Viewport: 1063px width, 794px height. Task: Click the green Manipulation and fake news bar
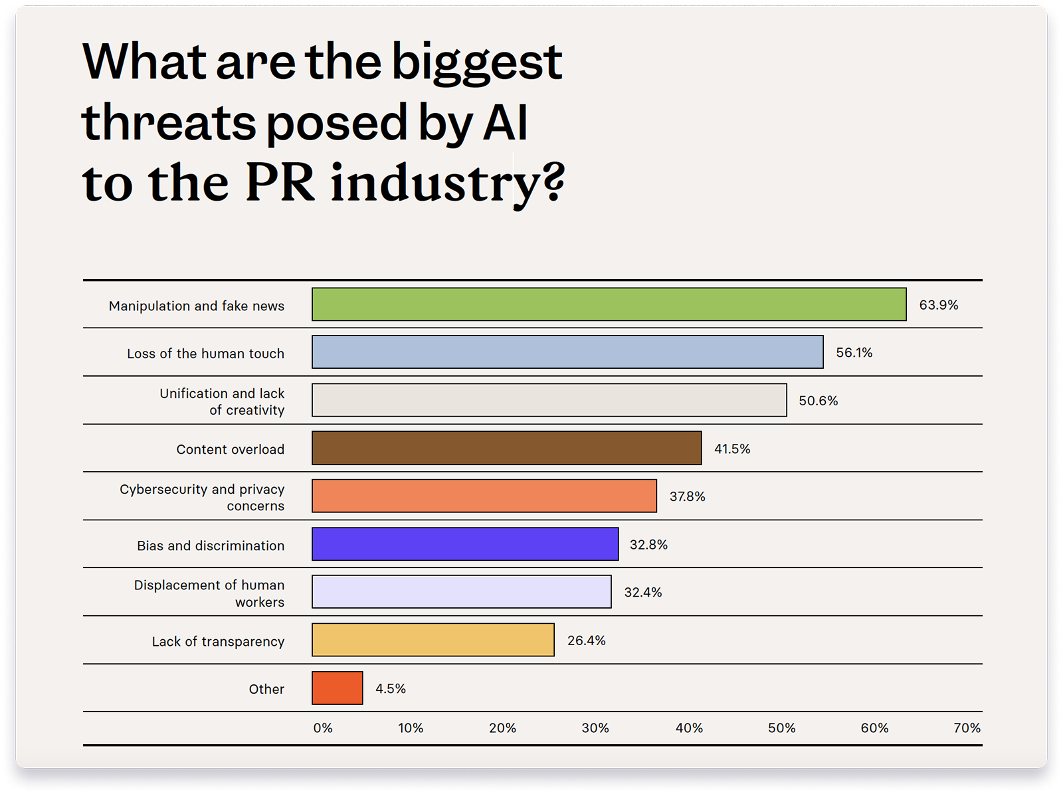tap(609, 304)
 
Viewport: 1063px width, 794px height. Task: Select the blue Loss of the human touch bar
tap(567, 352)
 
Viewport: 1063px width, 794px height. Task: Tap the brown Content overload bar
tap(506, 448)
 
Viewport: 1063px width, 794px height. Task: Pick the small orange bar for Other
tap(338, 688)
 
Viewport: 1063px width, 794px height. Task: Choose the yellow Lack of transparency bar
tap(433, 640)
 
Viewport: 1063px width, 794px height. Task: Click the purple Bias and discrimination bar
tap(465, 544)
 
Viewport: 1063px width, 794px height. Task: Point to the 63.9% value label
tap(938, 305)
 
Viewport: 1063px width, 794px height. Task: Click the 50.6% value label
tap(818, 401)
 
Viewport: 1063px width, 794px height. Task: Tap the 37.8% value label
tap(687, 496)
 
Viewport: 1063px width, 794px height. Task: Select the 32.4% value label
tap(642, 592)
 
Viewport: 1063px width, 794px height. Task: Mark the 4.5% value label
tap(390, 688)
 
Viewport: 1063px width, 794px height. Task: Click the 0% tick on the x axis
tap(323, 728)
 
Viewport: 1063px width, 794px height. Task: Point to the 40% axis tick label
tap(689, 728)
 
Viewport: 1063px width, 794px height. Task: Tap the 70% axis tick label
tap(967, 728)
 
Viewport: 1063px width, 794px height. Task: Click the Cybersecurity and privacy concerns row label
tap(203, 497)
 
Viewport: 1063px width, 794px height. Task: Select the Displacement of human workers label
tap(210, 593)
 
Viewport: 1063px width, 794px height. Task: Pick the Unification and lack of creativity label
tap(223, 401)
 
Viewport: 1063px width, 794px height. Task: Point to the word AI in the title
tap(505, 123)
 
